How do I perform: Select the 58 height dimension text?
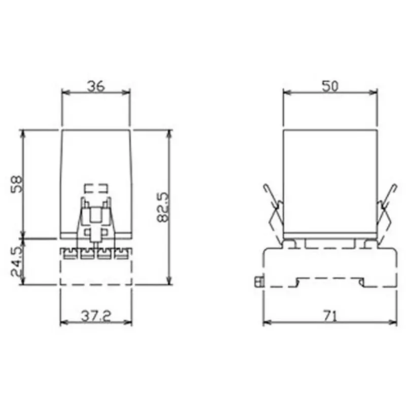[x=17, y=184]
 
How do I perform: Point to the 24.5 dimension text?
[x=17, y=261]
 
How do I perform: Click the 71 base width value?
[x=330, y=316]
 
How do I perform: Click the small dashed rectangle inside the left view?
[x=95, y=188]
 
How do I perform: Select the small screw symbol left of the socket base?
[x=258, y=281]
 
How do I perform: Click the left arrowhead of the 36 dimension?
[x=64, y=92]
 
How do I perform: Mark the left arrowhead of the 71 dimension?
[x=266, y=322]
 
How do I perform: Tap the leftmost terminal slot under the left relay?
[x=67, y=252]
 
